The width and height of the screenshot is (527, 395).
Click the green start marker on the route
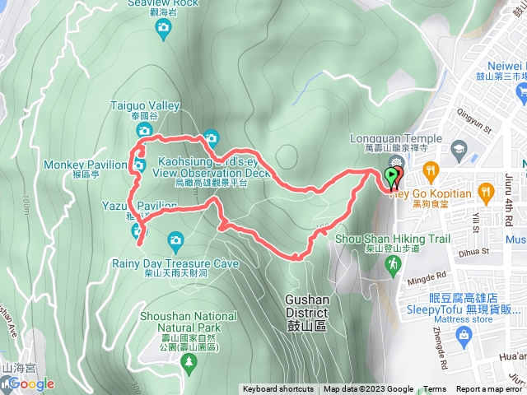coord(391,176)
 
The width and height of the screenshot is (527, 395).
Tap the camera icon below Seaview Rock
coord(162,30)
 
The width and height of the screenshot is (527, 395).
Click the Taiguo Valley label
coord(145,105)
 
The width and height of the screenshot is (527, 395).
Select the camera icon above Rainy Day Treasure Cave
coord(175,241)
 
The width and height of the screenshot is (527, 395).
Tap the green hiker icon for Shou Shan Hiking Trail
coord(394,262)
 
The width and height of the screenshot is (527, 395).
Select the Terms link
coord(435,389)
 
